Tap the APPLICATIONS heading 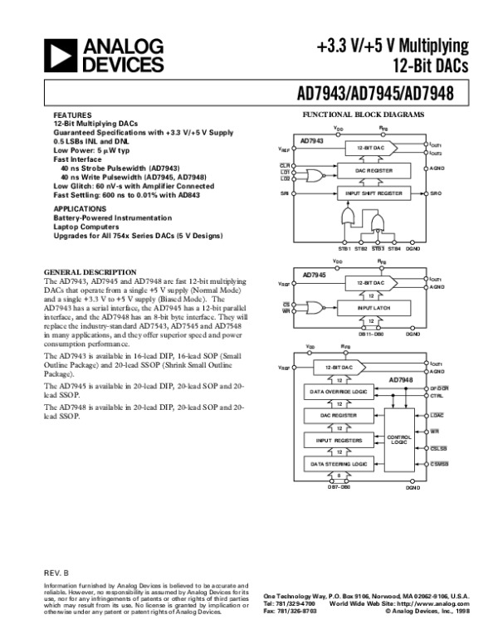click(80, 208)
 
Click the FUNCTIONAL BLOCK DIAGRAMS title click(364, 114)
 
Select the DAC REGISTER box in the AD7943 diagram click(373, 170)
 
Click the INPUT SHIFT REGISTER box click(373, 193)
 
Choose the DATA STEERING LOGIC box click(338, 462)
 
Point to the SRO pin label click(436, 193)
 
